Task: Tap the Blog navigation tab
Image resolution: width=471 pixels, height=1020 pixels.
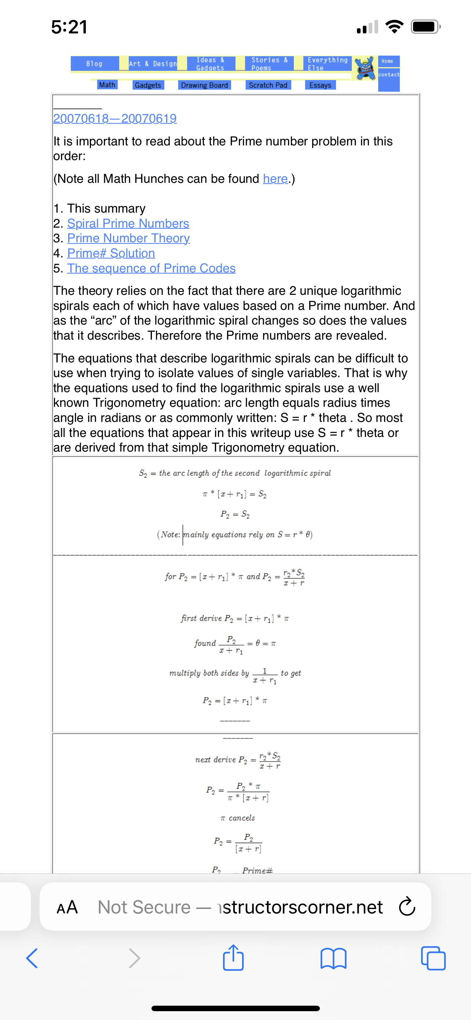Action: pos(95,64)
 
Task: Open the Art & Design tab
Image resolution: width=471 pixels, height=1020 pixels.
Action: pos(153,64)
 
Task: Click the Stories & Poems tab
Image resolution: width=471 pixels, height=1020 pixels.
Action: pos(269,64)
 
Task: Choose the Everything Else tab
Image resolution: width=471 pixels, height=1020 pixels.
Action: pos(327,64)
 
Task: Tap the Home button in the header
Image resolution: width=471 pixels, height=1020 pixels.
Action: pos(388,61)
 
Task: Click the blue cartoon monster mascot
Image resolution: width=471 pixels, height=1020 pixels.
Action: pos(365,68)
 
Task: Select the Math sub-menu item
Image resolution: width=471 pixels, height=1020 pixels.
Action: pos(107,85)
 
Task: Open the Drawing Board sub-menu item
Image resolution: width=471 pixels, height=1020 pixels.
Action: pos(204,85)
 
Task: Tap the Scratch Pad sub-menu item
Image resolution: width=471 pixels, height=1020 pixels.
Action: pos(268,85)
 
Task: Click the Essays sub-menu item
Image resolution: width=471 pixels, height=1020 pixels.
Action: pos(320,85)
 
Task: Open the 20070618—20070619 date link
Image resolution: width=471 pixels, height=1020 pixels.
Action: pos(115,118)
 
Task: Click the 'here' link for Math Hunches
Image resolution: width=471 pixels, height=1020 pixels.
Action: pos(275,178)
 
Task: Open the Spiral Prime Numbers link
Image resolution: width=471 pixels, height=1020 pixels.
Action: pos(128,223)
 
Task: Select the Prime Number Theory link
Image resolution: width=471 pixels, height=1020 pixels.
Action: pos(128,238)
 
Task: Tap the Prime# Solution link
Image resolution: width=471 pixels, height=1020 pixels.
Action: pos(111,253)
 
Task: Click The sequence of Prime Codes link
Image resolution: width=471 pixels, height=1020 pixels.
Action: pos(151,268)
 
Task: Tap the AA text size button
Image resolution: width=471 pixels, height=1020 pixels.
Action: pos(67,907)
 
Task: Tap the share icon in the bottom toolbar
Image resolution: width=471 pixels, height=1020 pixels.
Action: pos(233,958)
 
